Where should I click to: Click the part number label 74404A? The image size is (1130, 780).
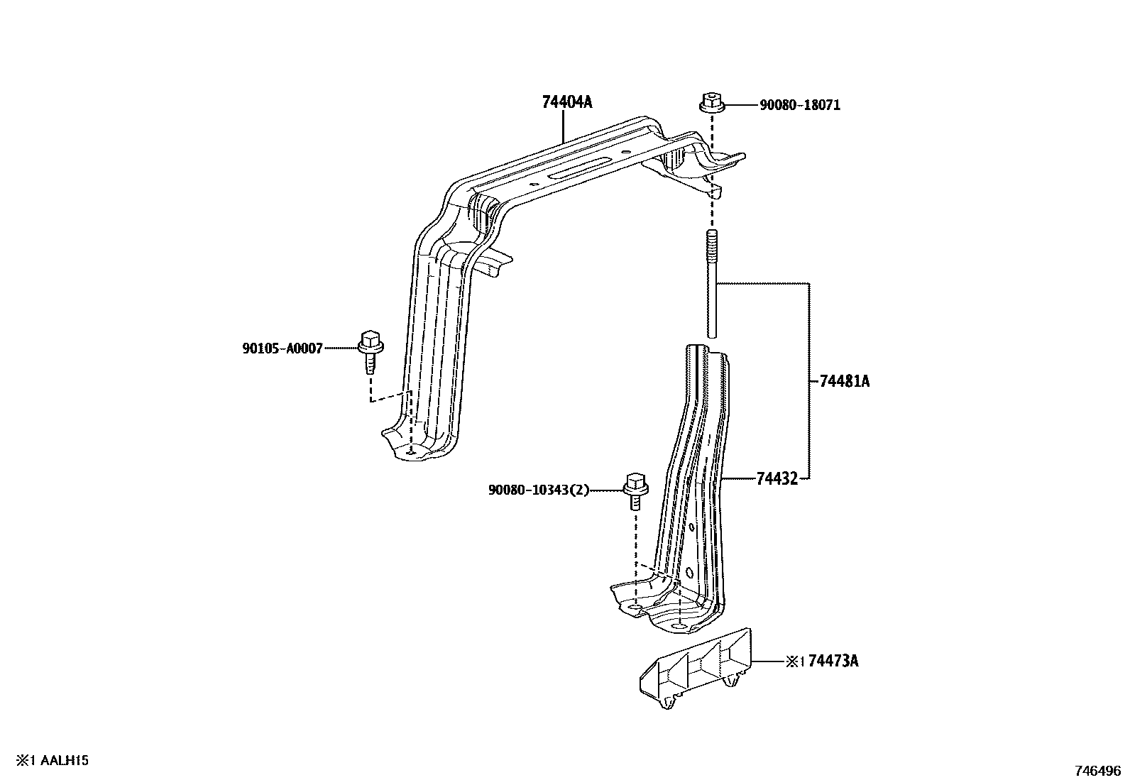point(566,102)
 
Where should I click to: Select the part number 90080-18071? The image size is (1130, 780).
point(800,106)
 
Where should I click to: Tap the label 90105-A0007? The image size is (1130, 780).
point(282,348)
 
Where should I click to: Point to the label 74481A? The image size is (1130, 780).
point(844,381)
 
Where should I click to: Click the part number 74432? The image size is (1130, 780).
point(777,479)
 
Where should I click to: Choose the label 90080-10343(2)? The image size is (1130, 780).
point(538,490)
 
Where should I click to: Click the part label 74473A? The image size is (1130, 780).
point(833,661)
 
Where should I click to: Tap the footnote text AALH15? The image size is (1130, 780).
point(64,761)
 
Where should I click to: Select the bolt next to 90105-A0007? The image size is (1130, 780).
point(370,350)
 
